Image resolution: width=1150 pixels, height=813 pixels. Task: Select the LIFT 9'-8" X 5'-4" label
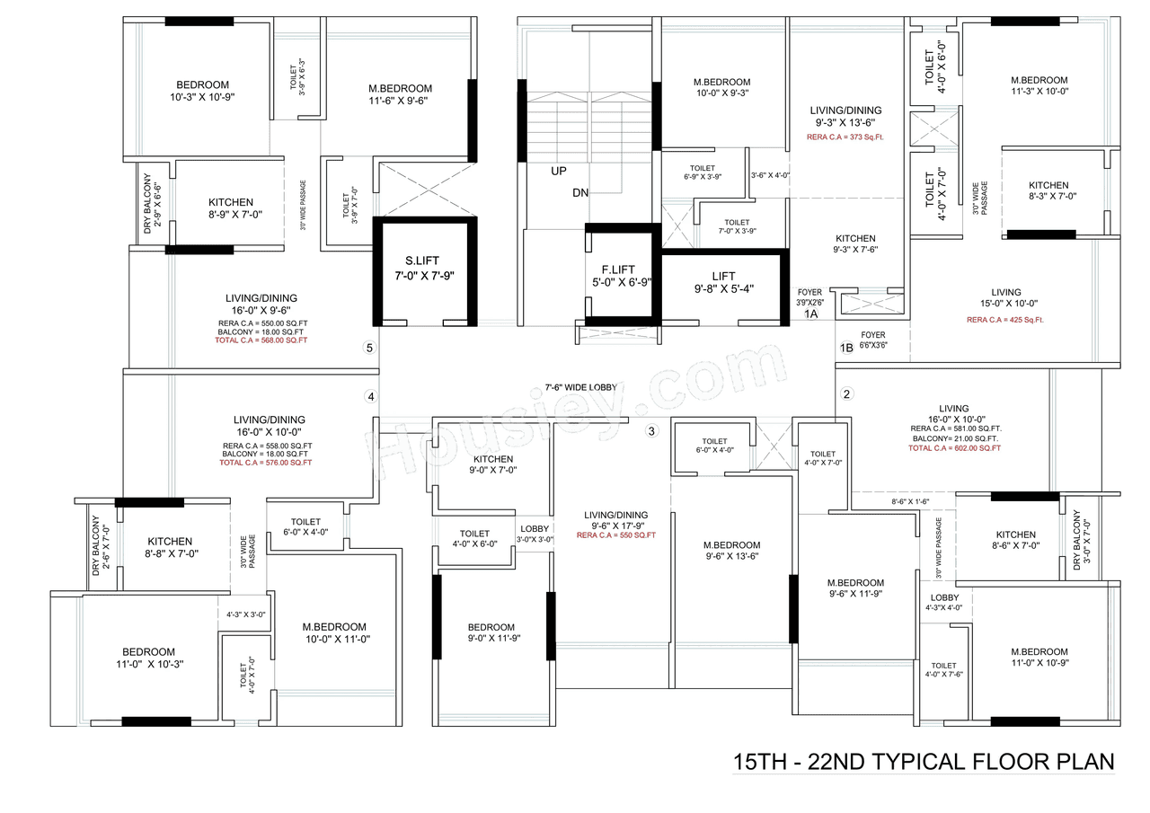(723, 282)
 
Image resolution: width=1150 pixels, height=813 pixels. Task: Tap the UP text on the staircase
(560, 171)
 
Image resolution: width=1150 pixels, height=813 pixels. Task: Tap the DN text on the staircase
(580, 193)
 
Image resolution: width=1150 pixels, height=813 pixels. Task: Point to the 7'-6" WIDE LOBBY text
(580, 386)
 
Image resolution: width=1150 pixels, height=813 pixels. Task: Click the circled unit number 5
(368, 349)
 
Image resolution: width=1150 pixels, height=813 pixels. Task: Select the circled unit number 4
(369, 396)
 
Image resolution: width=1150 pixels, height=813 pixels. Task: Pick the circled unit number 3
(652, 431)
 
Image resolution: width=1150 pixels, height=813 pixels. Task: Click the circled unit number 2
(846, 393)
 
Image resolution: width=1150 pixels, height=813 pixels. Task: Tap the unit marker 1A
(810, 314)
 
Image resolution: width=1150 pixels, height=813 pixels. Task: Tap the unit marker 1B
(845, 348)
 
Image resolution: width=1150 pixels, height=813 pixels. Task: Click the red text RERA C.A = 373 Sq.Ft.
(845, 137)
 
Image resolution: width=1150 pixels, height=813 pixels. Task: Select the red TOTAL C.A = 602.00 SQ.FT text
(954, 447)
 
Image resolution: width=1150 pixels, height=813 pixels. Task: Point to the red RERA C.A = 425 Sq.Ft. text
(1005, 319)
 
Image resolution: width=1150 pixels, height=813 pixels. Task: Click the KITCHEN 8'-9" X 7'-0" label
(231, 208)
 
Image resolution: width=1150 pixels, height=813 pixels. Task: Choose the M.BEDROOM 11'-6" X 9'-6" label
(400, 94)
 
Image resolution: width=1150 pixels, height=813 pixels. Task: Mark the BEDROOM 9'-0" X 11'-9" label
(491, 632)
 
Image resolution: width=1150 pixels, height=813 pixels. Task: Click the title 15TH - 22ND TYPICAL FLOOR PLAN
(924, 762)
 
